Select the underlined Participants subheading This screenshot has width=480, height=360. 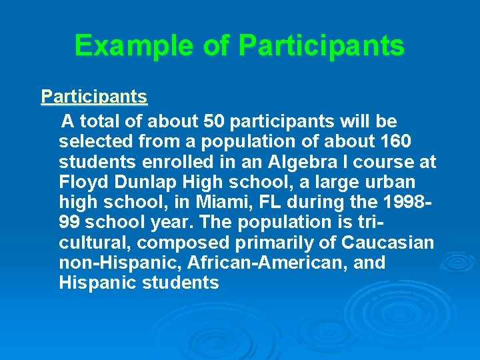click(x=94, y=97)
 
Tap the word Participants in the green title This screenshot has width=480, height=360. click(x=321, y=46)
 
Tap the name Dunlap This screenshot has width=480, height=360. click(x=139, y=182)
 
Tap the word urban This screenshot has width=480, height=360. click(x=387, y=182)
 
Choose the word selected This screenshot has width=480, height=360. click(x=90, y=142)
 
